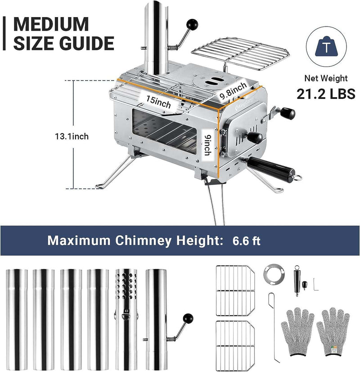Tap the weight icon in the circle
[325, 46]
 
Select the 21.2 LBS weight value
[325, 94]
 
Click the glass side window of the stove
[164, 134]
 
